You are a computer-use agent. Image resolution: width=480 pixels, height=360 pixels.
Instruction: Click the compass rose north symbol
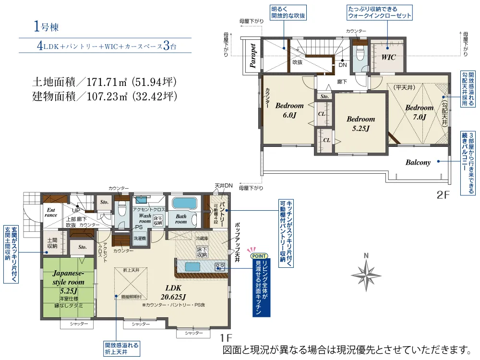click(366, 274)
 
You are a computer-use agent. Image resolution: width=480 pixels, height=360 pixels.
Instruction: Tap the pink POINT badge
click(259, 256)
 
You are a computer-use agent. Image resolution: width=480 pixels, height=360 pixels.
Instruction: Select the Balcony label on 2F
click(418, 163)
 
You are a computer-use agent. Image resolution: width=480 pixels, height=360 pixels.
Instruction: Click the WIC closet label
click(388, 57)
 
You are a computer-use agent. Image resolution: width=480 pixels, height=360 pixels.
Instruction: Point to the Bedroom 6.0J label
click(289, 110)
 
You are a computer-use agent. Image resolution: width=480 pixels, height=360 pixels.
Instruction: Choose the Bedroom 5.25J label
click(360, 123)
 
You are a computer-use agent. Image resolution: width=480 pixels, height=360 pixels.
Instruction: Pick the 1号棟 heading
click(46, 27)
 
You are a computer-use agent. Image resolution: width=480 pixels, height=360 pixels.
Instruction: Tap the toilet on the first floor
click(122, 209)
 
